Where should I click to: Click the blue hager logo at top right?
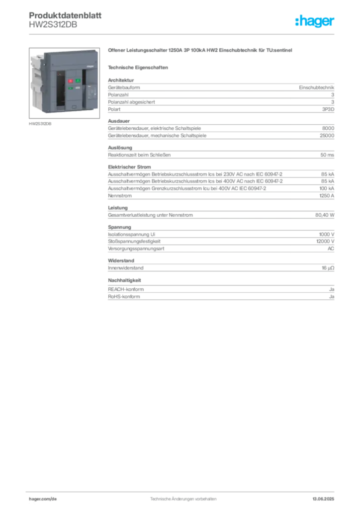[315, 22]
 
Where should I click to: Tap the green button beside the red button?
[78, 81]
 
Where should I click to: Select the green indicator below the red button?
[71, 88]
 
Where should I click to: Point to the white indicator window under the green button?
[78, 87]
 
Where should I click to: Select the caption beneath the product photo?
[40, 124]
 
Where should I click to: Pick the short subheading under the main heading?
[139, 67]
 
